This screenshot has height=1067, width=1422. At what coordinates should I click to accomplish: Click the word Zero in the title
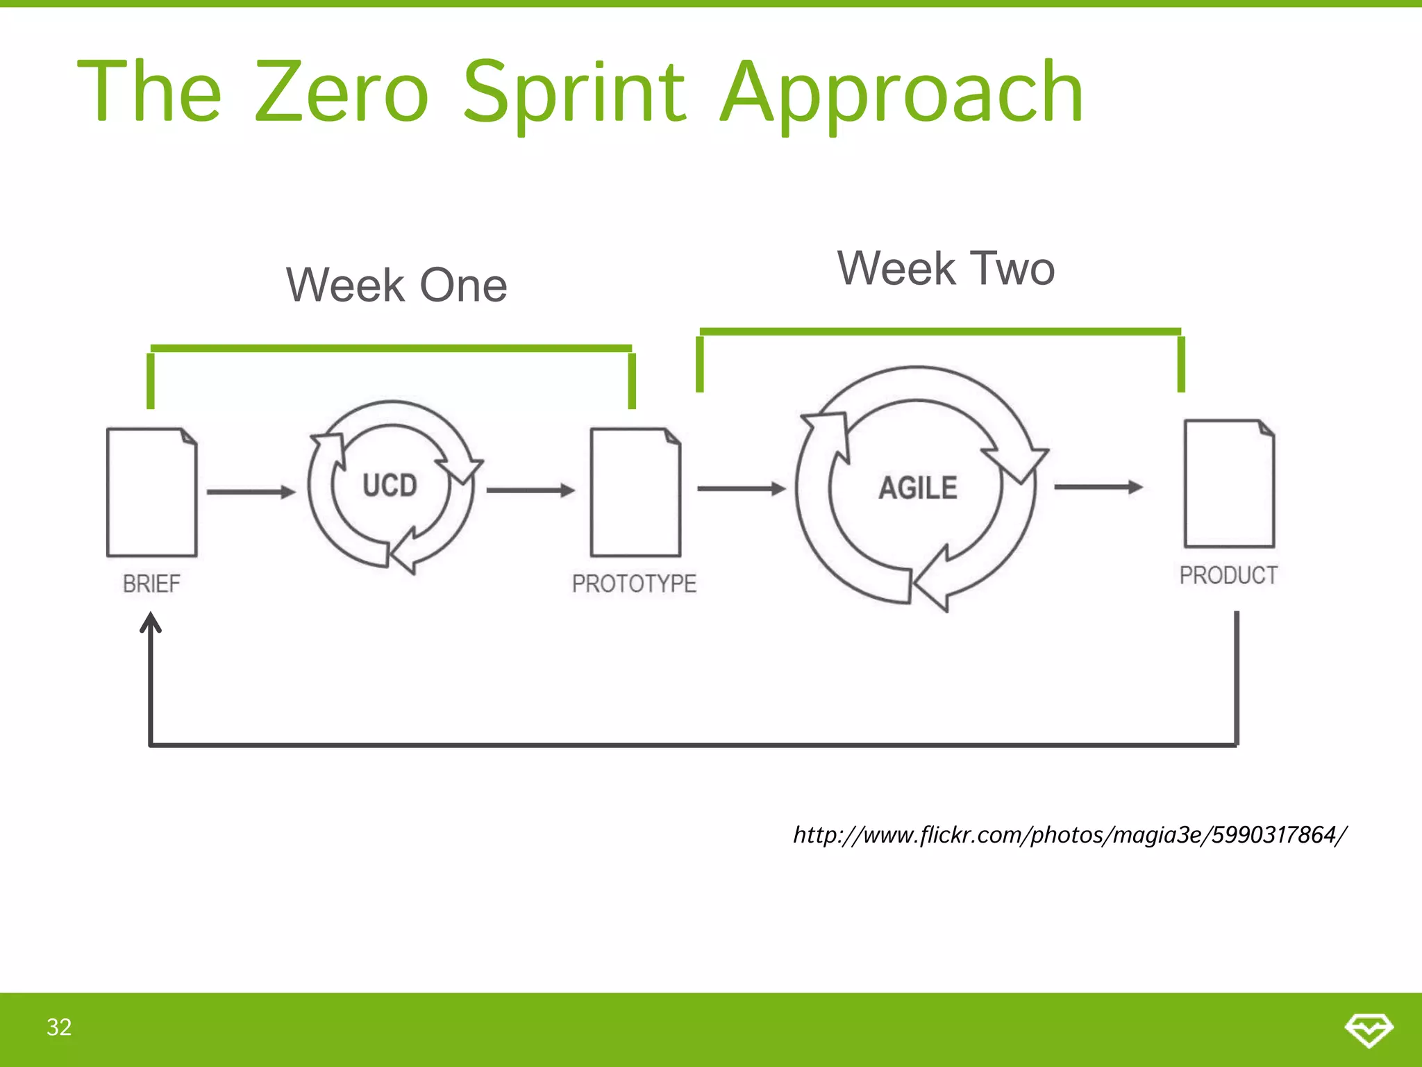point(342,92)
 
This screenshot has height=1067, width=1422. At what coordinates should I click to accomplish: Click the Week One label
point(396,286)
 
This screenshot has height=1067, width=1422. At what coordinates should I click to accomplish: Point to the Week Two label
point(946,269)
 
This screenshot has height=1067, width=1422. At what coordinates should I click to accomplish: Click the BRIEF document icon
point(151,493)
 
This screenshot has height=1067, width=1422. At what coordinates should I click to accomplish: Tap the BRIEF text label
point(151,584)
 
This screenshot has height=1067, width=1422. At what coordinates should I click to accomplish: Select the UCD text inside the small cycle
point(390,486)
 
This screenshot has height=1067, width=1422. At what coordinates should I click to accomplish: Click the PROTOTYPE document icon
point(635,493)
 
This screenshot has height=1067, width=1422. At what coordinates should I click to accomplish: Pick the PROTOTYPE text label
point(634,584)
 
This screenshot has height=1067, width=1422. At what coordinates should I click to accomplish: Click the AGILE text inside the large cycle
point(918,488)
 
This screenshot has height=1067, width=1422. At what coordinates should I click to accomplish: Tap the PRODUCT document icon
point(1228,484)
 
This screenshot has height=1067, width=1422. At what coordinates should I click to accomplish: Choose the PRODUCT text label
point(1228,575)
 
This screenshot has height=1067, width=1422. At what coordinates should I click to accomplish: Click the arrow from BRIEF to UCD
point(251,492)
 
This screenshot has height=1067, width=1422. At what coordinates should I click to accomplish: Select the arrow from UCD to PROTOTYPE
point(530,490)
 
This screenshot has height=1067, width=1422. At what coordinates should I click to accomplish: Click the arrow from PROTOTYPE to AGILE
point(741,489)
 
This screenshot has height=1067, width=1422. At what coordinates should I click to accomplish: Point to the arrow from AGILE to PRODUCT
point(1098,487)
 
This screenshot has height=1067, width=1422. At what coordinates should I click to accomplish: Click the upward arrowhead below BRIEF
point(151,622)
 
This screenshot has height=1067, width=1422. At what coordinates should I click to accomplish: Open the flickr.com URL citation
point(1069,834)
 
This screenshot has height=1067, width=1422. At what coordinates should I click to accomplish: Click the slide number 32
point(59,1027)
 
